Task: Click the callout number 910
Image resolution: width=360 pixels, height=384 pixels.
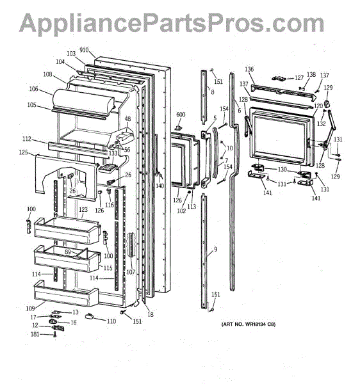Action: coord(84,50)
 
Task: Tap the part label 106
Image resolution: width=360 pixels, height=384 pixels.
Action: coord(33,89)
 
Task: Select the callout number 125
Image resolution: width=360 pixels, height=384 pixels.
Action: coord(23,152)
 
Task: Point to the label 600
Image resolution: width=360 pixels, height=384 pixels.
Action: coord(181,115)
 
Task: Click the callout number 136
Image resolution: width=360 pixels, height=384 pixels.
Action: coord(249,69)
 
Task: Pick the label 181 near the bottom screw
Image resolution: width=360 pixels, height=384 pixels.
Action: coord(35,334)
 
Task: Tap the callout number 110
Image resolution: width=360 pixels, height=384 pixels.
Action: coord(111,321)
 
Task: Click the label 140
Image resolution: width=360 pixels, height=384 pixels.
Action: coord(160,186)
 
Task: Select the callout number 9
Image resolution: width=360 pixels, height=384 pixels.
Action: coord(215,250)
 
